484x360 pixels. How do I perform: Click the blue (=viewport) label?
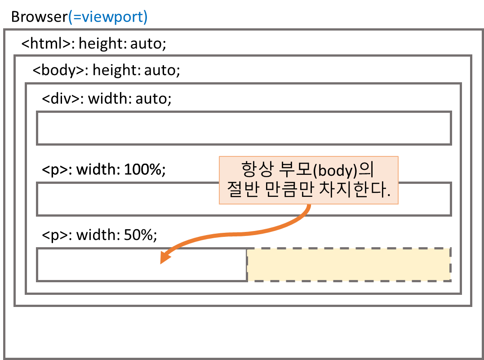click(108, 17)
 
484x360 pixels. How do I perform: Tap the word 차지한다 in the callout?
click(358, 191)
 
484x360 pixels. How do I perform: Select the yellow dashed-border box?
click(349, 265)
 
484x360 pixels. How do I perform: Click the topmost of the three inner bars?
click(244, 128)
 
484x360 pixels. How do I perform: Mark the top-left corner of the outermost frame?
click(4, 30)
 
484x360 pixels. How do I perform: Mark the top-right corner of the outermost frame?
click(482, 30)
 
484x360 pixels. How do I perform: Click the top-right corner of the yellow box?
click(450, 249)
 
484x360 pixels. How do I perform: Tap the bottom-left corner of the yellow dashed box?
click(247, 281)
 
